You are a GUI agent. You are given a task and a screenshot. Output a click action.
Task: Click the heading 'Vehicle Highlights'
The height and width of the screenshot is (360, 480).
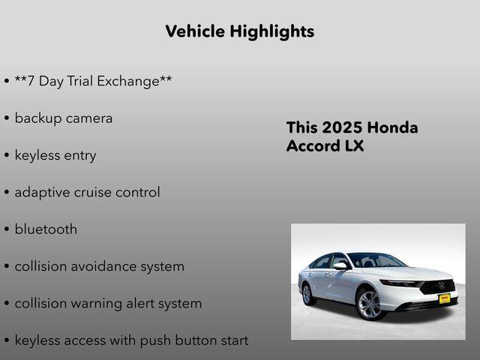tap(239, 31)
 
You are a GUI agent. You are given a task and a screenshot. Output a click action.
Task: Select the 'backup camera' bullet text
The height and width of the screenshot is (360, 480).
tap(64, 118)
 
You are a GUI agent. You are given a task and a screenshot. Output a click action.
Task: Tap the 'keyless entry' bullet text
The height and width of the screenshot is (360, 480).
tap(55, 155)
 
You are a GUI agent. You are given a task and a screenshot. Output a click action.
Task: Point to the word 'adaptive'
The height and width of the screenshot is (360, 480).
tap(41, 192)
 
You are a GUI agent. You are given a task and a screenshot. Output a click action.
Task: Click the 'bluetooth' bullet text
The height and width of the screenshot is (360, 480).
tap(46, 229)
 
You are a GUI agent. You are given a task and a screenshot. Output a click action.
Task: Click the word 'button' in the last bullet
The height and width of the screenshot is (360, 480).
tap(197, 340)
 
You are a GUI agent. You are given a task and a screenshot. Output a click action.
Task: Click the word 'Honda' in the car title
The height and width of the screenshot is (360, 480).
tap(393, 127)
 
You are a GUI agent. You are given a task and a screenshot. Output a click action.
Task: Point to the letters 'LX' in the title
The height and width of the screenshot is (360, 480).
tap(354, 146)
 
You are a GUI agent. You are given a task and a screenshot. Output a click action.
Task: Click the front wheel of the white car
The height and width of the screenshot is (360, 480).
tap(369, 305)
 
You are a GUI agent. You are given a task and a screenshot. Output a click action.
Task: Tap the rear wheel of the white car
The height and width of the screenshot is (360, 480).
tap(307, 294)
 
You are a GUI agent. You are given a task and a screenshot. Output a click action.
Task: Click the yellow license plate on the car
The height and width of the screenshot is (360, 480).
tap(444, 298)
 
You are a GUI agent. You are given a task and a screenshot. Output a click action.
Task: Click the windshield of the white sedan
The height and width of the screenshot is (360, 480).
tap(375, 260)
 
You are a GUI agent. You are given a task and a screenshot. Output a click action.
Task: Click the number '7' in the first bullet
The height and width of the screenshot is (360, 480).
tap(30, 81)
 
